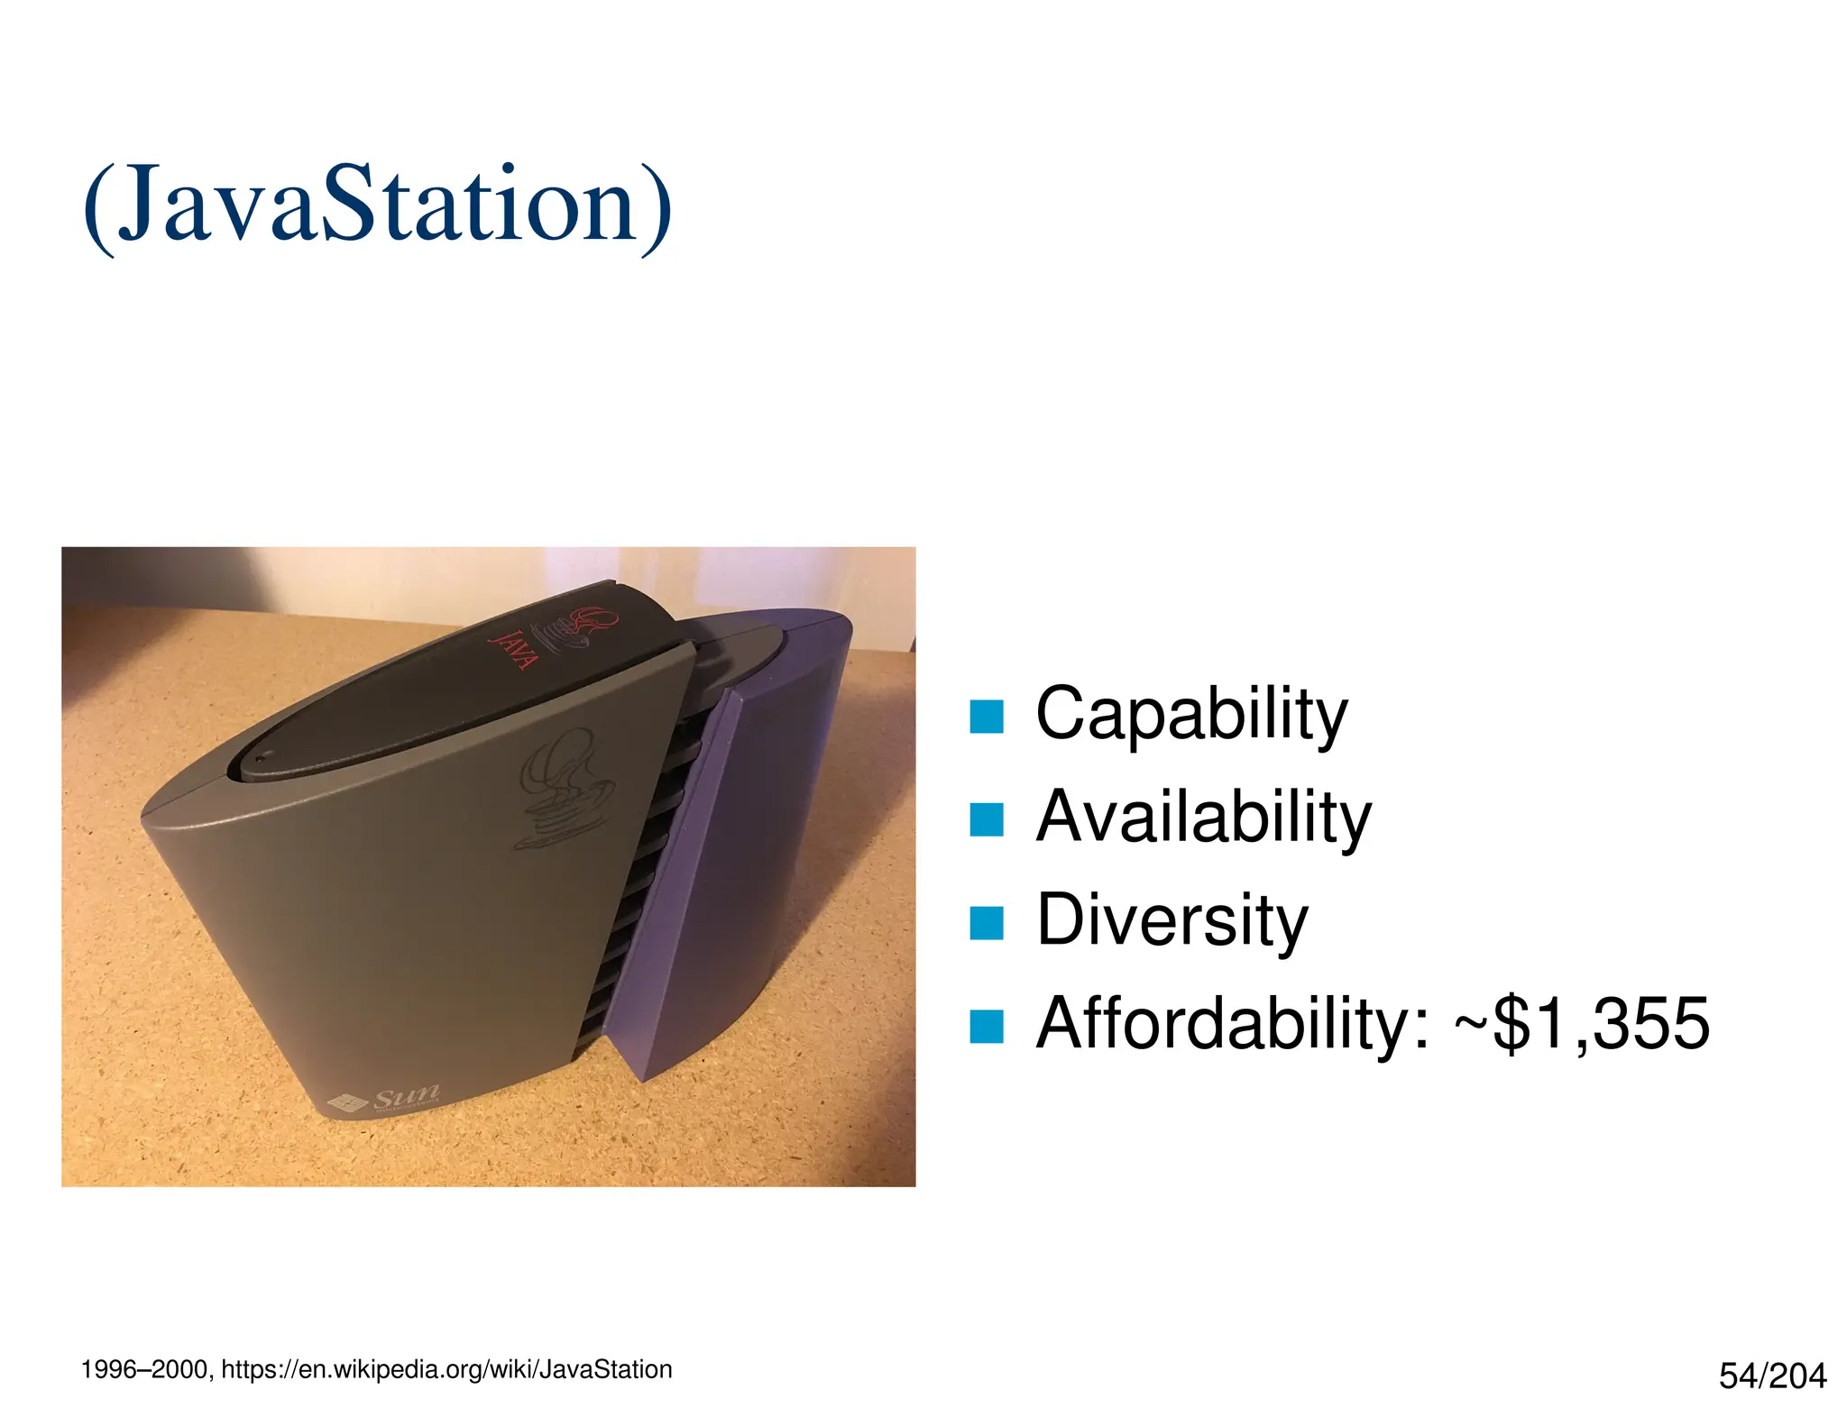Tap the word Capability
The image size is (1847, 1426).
(1190, 714)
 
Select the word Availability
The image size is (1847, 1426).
(1203, 817)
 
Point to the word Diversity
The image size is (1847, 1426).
(1172, 919)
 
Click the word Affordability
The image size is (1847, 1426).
(1232, 1023)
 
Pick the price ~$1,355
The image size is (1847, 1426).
(1582, 1023)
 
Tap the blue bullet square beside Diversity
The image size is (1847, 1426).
(986, 923)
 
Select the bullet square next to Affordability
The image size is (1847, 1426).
(986, 1026)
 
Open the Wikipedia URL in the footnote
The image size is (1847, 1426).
(446, 1370)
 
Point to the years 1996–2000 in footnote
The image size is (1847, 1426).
(144, 1370)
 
